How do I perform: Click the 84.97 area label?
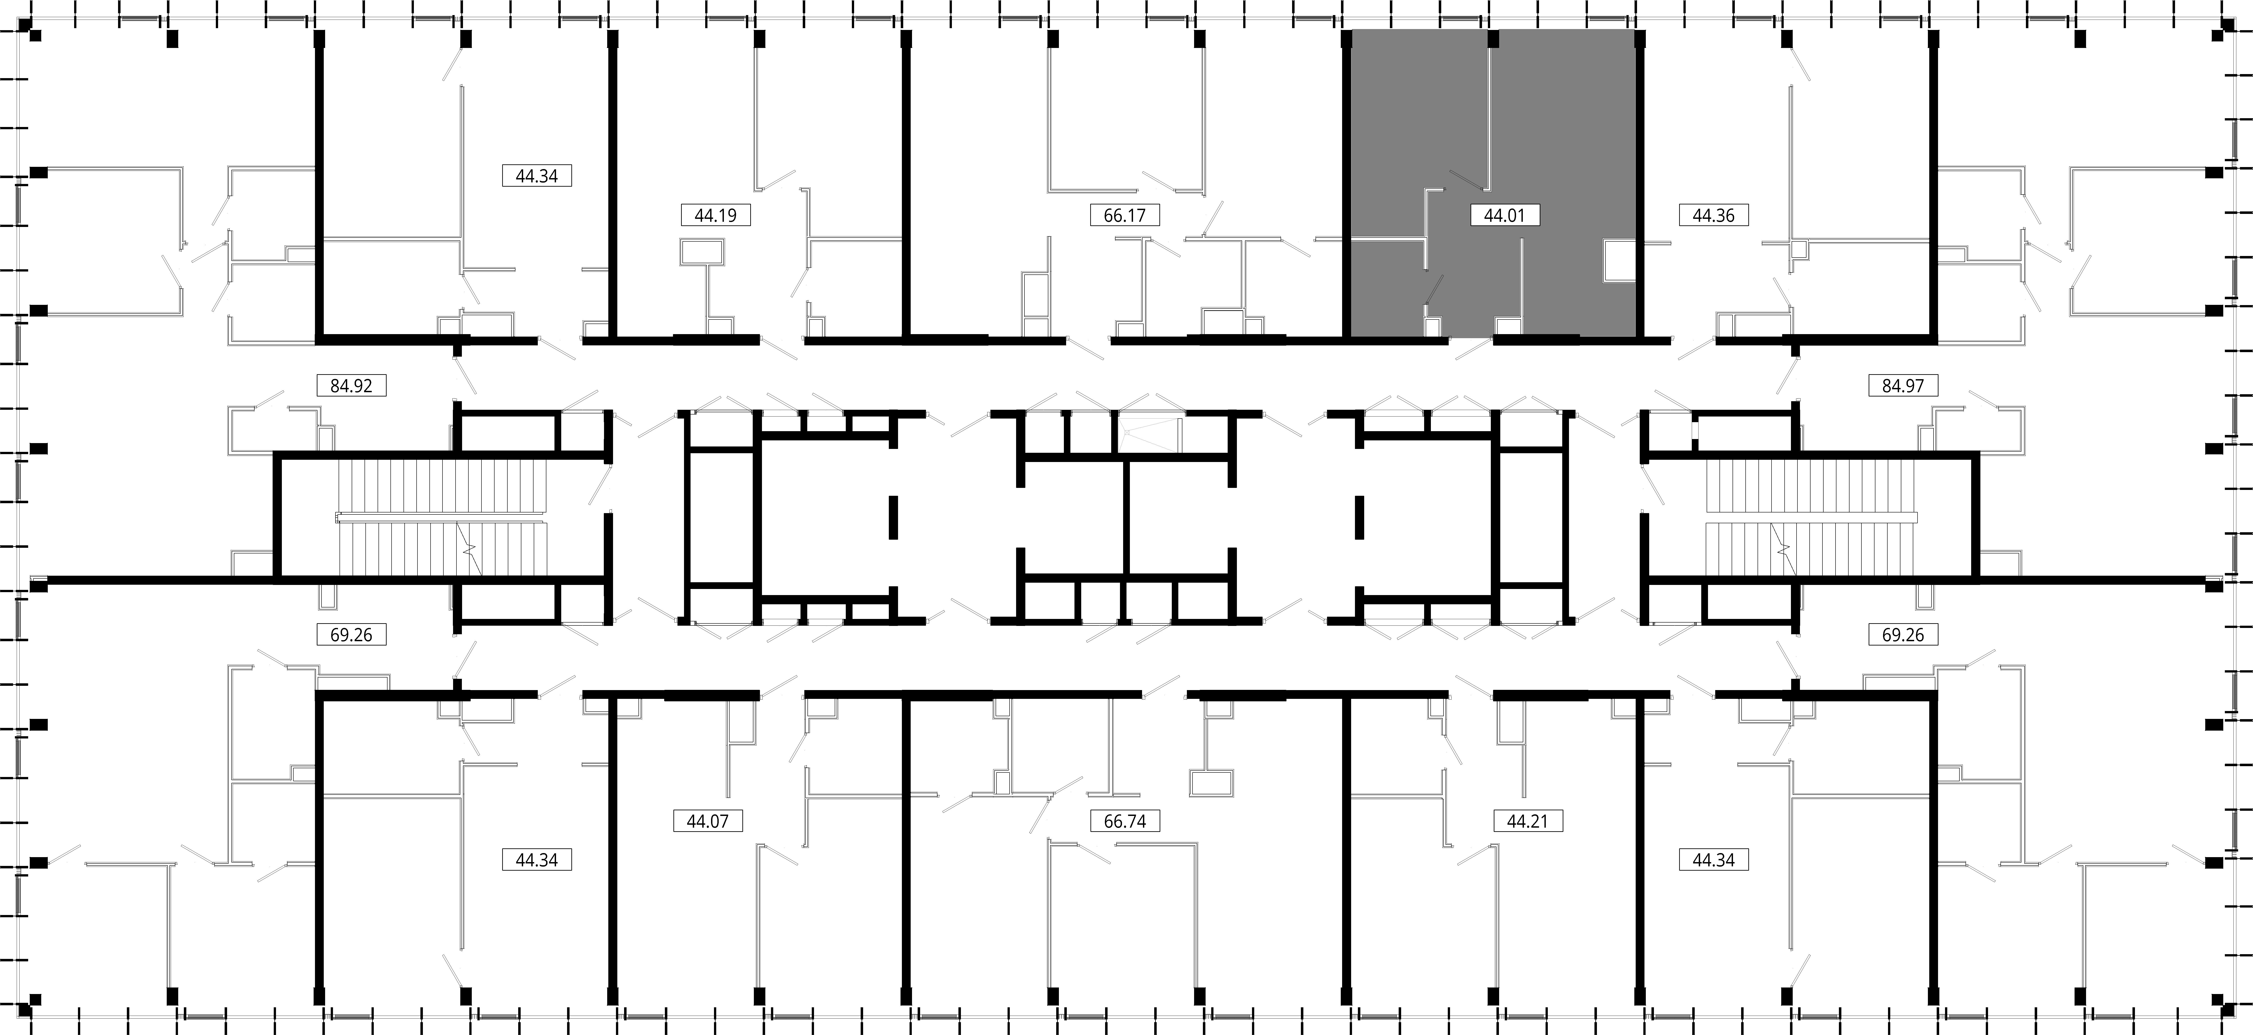1903,385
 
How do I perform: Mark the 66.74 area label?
1125,821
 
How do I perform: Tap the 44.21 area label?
1527,821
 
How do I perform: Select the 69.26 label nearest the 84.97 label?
1903,635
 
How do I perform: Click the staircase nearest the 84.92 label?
442,517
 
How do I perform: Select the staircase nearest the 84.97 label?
1811,517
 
